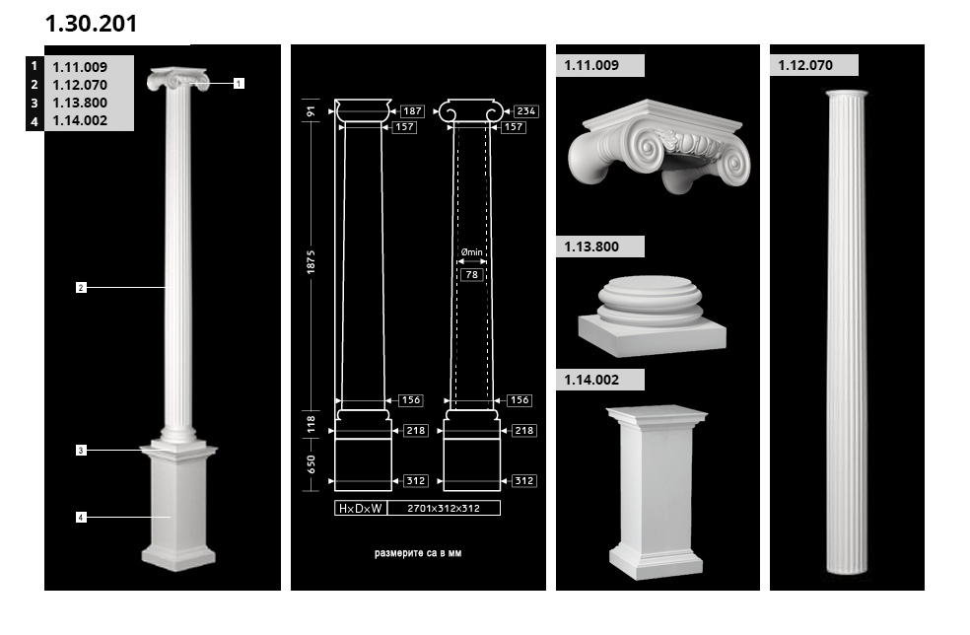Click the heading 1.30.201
point(91,24)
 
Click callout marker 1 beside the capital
point(239,83)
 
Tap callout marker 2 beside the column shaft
point(81,287)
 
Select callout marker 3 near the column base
point(81,451)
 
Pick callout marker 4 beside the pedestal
point(81,517)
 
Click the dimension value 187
point(412,110)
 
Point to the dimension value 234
point(525,110)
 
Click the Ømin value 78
point(472,274)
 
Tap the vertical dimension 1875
point(311,262)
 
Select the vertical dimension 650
point(311,464)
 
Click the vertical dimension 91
point(311,111)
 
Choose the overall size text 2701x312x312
point(444,508)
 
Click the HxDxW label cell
point(361,508)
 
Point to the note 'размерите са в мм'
point(418,553)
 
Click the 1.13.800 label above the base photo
point(591,247)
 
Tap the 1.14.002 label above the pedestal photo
point(591,380)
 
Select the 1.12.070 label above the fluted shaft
point(805,65)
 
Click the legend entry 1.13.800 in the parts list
point(80,103)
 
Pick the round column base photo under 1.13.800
point(652,316)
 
